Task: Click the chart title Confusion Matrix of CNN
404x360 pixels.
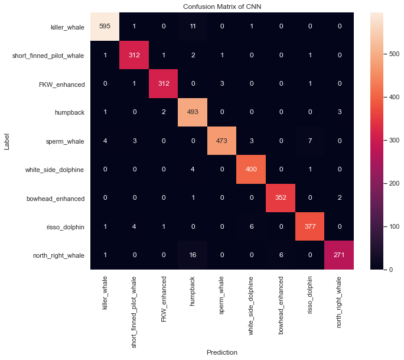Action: [222, 7]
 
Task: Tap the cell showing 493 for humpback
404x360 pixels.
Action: [193, 113]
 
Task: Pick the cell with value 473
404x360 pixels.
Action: [222, 141]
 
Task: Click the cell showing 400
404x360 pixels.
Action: [251, 170]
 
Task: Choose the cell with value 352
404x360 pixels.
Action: [280, 199]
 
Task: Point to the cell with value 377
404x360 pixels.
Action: [309, 227]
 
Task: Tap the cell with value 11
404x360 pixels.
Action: [193, 27]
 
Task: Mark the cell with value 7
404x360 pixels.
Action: [309, 141]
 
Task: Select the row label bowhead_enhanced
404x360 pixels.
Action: [57, 199]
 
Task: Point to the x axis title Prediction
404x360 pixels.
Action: [222, 352]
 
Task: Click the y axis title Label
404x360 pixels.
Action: [7, 141]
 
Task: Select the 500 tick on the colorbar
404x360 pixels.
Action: [390, 53]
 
